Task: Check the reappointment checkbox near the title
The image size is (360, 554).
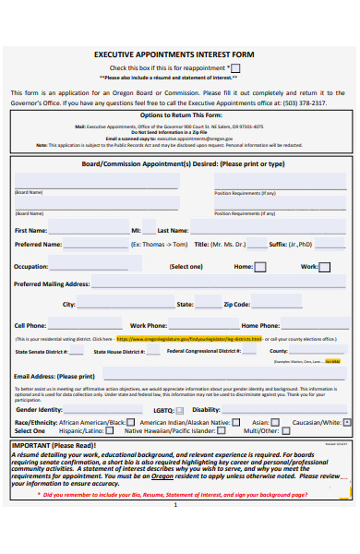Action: pos(236,67)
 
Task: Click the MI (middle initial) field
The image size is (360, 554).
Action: pos(150,230)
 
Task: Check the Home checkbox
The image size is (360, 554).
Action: pos(260,267)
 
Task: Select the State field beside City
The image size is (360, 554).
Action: pos(207,304)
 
